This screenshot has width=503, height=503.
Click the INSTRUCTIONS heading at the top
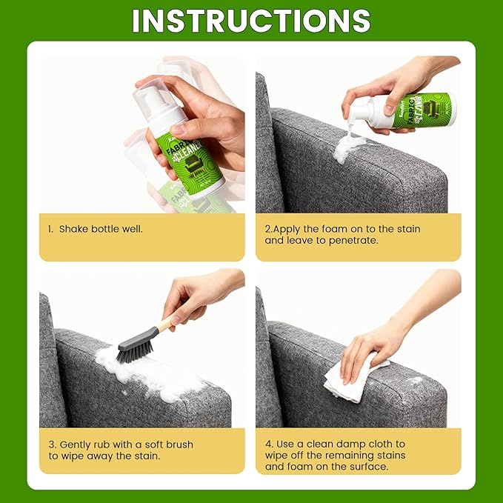pyautogui.click(x=251, y=21)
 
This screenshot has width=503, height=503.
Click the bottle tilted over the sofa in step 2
pyautogui.click(x=415, y=111)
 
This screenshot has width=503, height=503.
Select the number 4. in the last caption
pyautogui.click(x=269, y=444)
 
